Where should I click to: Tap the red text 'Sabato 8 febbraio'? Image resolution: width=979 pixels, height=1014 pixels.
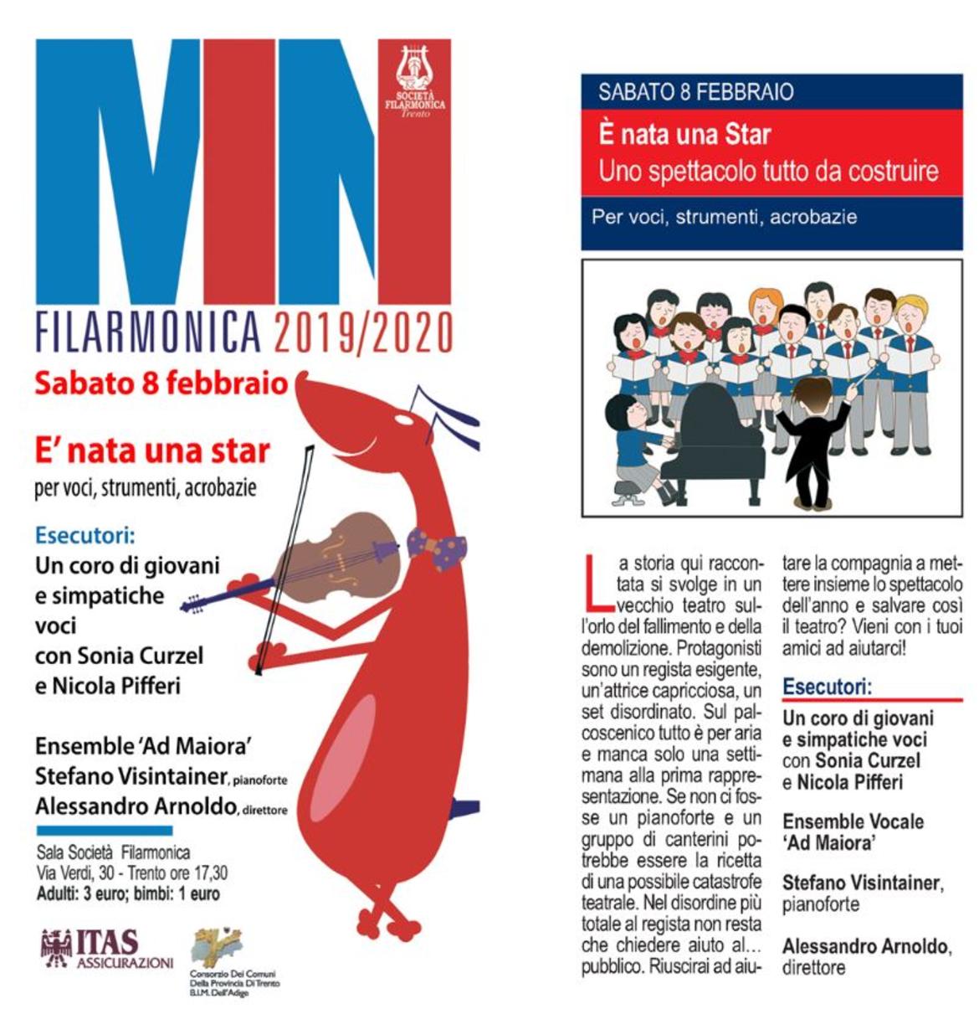click(x=161, y=383)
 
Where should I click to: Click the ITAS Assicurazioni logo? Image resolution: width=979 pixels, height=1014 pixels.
click(x=106, y=948)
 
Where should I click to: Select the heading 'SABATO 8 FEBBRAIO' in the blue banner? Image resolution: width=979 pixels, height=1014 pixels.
click(x=695, y=92)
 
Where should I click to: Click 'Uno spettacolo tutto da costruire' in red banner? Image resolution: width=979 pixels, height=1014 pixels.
click(x=768, y=172)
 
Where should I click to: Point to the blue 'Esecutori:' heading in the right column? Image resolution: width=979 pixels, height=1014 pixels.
click(x=827, y=687)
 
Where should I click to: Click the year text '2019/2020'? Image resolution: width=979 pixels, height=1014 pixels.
click(x=362, y=333)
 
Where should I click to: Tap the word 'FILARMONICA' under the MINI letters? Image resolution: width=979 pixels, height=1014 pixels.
click(x=148, y=333)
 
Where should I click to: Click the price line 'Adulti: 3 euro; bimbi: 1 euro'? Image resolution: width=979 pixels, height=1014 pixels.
click(x=128, y=893)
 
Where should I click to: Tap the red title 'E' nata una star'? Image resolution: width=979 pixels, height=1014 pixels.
click(x=152, y=450)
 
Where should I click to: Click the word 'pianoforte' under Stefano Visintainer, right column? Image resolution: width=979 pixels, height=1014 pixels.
click(x=820, y=904)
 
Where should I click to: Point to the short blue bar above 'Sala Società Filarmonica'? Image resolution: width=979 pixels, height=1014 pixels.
click(x=104, y=831)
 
